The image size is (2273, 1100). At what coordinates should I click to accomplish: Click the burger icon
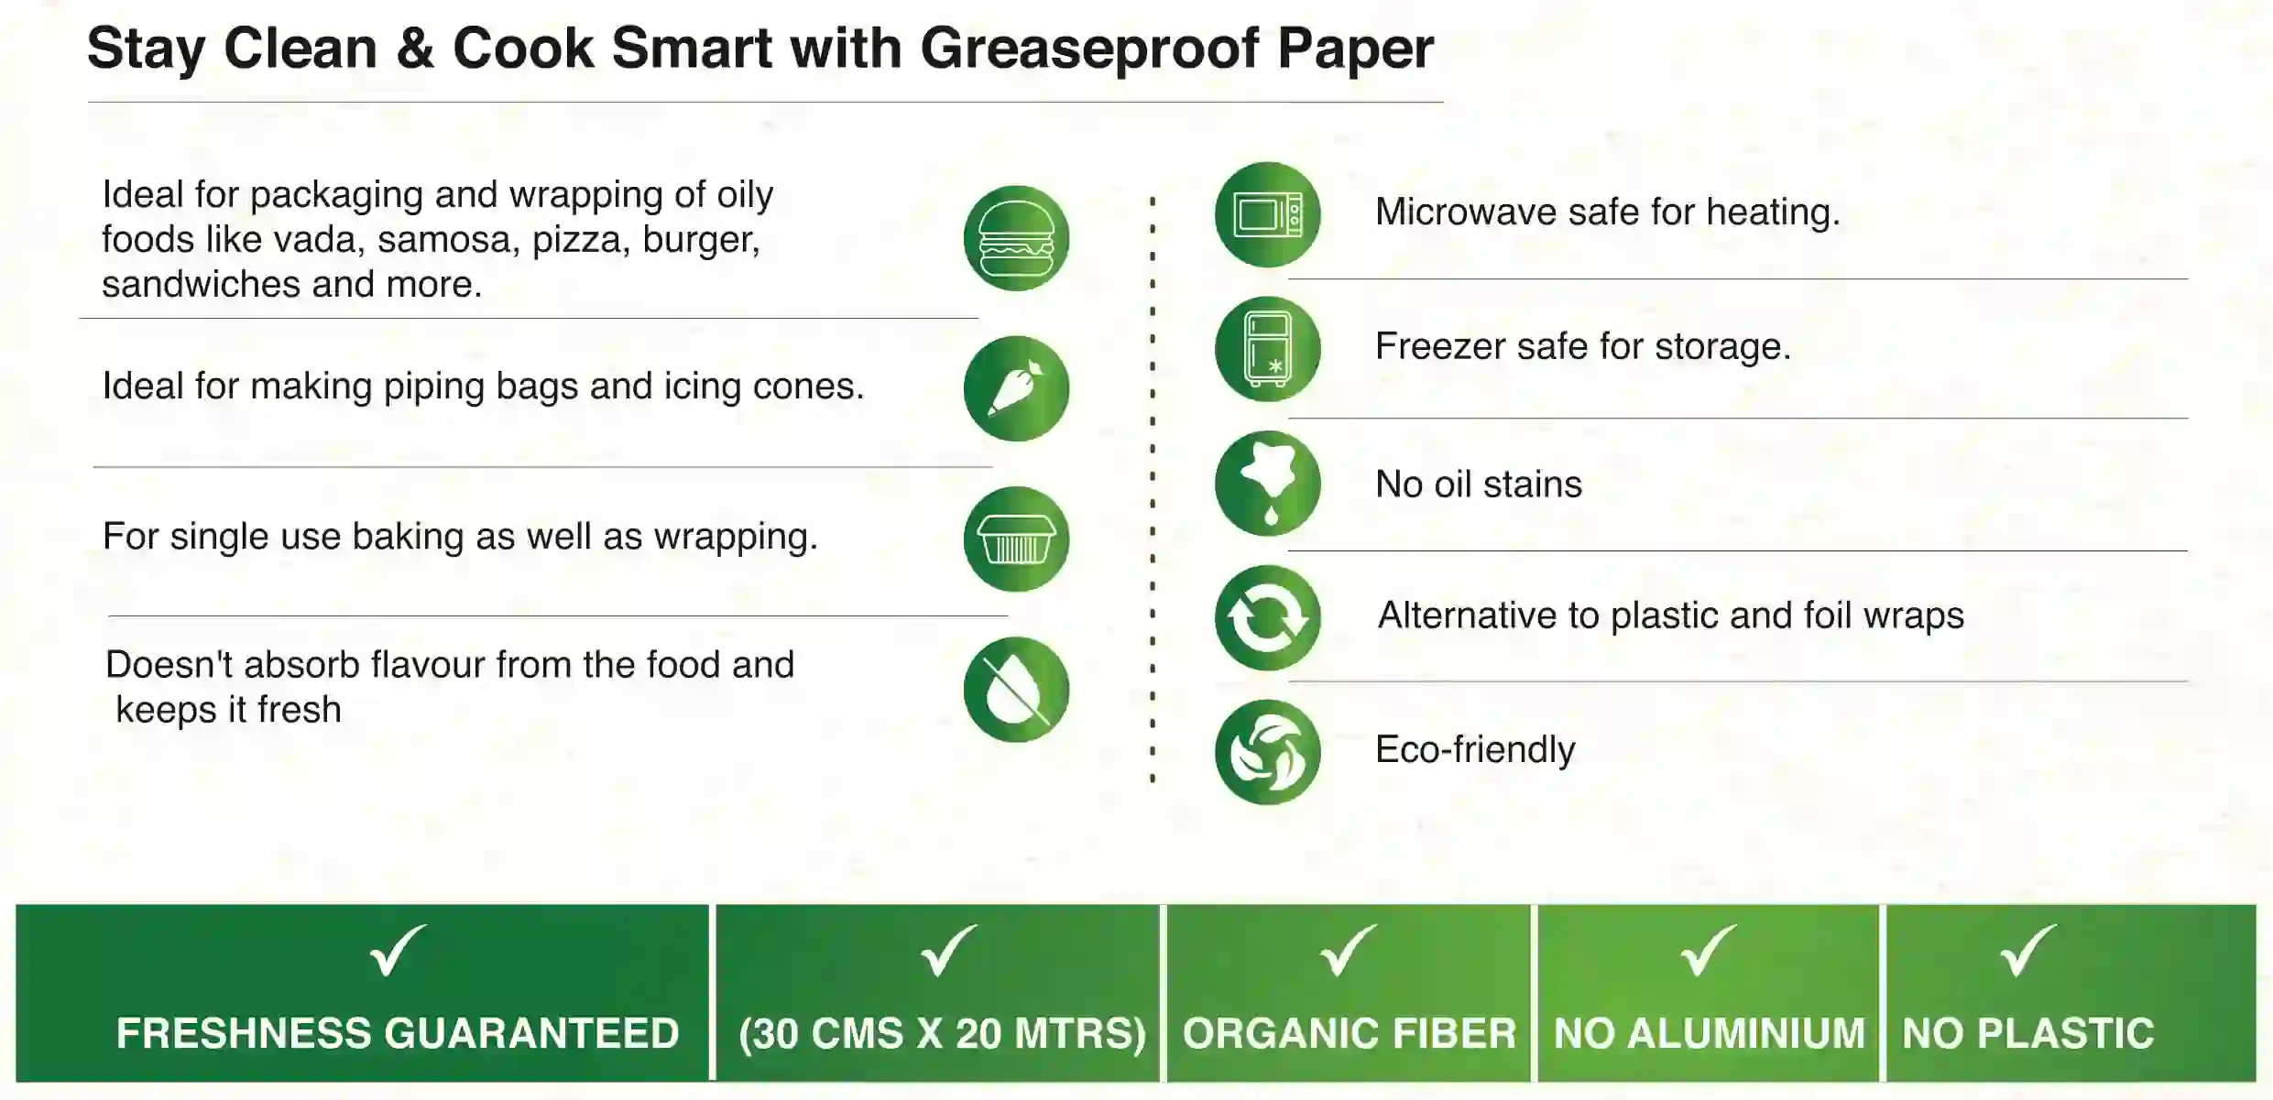[1016, 238]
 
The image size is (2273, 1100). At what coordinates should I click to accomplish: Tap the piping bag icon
[1016, 388]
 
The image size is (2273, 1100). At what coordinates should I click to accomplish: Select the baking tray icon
[1016, 539]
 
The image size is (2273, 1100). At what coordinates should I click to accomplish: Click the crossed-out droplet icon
[1016, 689]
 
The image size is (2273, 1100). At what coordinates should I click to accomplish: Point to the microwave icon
[1267, 214]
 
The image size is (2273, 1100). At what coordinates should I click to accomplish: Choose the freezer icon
[1267, 349]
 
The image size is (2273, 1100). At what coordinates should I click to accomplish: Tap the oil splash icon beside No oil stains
[1267, 484]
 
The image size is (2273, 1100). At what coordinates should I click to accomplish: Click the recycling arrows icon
[1267, 617]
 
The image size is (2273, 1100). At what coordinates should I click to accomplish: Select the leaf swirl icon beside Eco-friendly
[1267, 752]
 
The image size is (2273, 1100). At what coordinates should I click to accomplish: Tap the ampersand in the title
[414, 49]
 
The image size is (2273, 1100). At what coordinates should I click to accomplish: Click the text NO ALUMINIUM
[1709, 1033]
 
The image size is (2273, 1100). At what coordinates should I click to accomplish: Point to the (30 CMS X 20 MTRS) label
[942, 1034]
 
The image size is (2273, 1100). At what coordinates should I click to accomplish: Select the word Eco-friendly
[1475, 750]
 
